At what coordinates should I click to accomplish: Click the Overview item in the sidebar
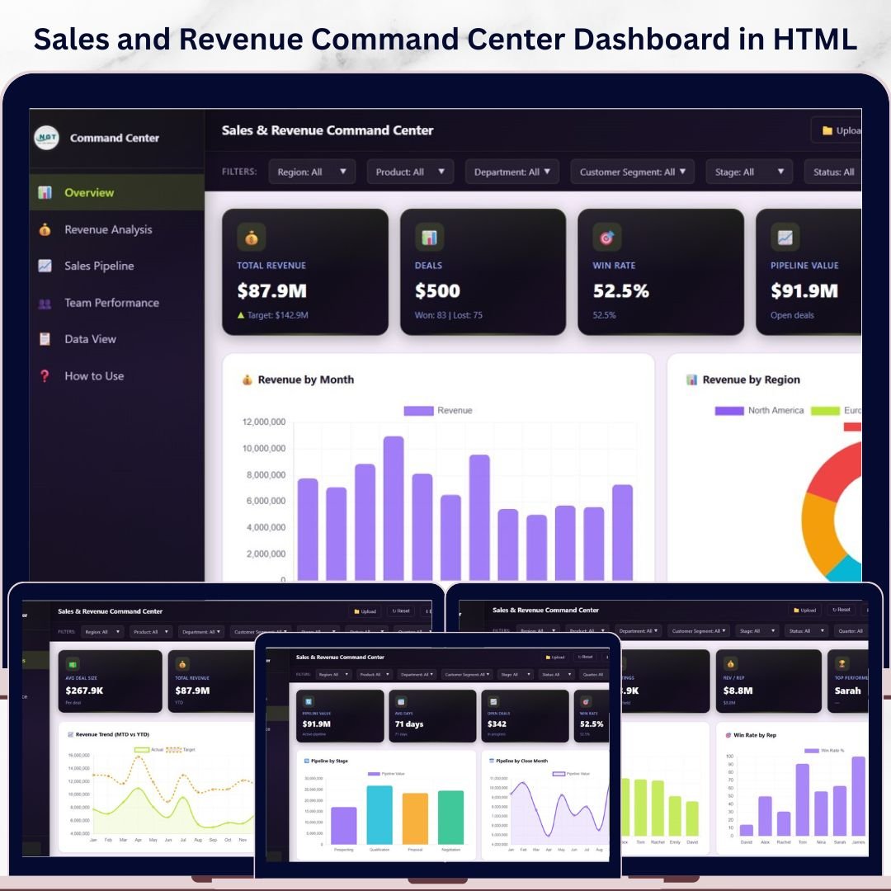coord(89,193)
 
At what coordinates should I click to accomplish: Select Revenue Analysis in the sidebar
coord(108,230)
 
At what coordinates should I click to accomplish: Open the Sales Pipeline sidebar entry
coord(99,266)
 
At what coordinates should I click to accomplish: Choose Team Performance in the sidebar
coord(111,303)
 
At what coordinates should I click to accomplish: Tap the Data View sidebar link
coord(90,339)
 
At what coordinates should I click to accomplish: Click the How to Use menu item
coord(94,376)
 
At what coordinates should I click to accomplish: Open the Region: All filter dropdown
coord(312,172)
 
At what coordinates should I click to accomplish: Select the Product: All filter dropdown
coord(410,172)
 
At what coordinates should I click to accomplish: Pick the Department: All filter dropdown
coord(512,172)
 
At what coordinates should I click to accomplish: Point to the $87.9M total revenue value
coord(271,291)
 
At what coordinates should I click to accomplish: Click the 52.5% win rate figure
coord(620,291)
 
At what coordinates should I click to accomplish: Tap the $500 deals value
coord(437,291)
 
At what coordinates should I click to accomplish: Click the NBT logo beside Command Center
coord(47,138)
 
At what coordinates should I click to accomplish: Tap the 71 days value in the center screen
coord(409,724)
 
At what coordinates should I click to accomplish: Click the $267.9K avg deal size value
coord(90,691)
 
